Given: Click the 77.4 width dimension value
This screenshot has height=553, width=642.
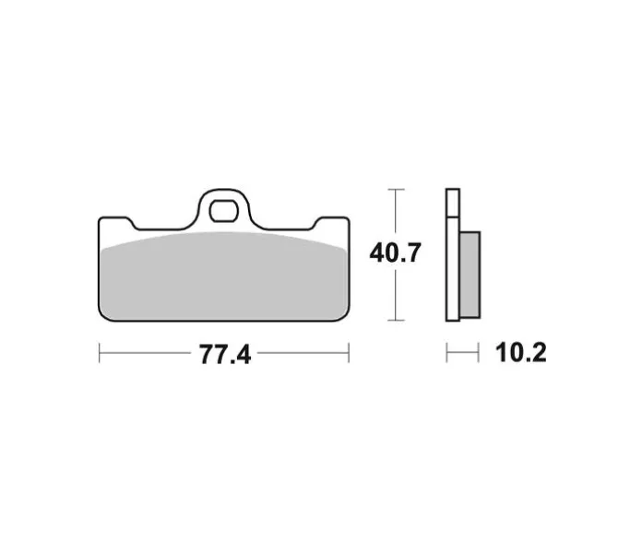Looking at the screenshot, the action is (225, 354).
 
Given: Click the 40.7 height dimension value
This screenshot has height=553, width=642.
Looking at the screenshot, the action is (395, 253).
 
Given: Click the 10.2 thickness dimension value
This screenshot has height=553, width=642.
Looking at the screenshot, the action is (521, 353).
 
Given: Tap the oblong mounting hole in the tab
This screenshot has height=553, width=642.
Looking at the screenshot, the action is (223, 211).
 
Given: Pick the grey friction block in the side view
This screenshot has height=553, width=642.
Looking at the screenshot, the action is (470, 275).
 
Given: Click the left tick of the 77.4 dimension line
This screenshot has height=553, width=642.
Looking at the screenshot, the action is (100, 353).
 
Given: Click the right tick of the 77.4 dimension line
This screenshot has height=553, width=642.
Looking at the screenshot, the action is (349, 353).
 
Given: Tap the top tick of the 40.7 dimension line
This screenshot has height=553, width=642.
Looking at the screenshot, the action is (396, 189).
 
